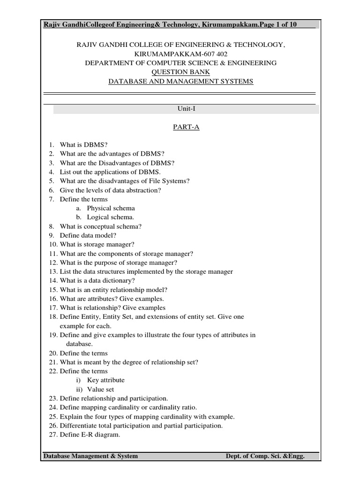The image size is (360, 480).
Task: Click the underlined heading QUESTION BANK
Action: pyautogui.click(x=180, y=72)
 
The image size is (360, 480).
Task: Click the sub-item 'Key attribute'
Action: pyautogui.click(x=105, y=380)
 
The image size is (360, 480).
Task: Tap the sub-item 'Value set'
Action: pyautogui.click(x=100, y=389)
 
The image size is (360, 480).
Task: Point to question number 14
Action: pyautogui.click(x=52, y=281)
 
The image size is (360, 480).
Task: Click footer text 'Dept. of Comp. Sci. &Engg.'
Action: pyautogui.click(x=265, y=456)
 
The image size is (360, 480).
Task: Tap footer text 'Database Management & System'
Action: pyautogui.click(x=90, y=456)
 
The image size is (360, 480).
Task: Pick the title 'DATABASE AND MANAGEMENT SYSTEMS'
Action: pyautogui.click(x=180, y=81)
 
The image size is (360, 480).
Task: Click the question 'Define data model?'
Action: pyautogui.click(x=88, y=235)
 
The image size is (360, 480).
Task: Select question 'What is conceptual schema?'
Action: pyautogui.click(x=100, y=226)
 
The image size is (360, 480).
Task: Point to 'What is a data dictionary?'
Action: pyautogui.click(x=97, y=281)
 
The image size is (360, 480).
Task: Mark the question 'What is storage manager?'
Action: pyautogui.click(x=97, y=244)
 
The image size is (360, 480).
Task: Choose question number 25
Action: pyautogui.click(x=52, y=417)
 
